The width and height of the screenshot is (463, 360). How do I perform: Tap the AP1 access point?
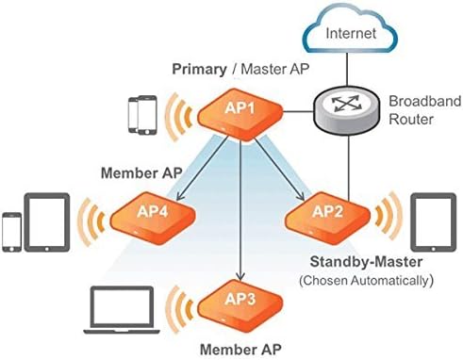[x=239, y=111]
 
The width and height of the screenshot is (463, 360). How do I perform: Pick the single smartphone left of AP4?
[x=12, y=230]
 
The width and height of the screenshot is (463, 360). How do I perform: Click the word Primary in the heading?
[x=198, y=70]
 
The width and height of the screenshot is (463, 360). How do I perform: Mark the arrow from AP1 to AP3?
[x=241, y=207]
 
